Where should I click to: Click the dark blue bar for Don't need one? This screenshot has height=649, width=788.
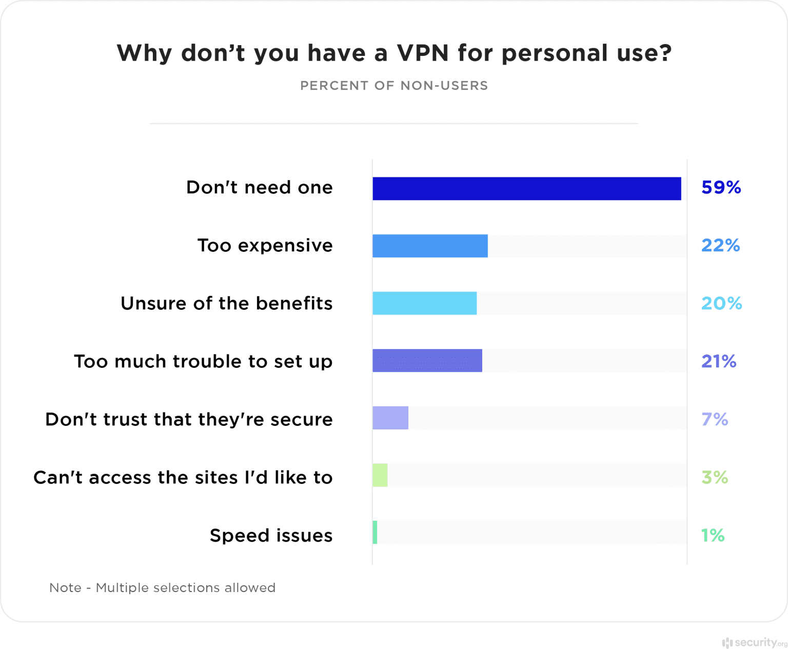[x=526, y=188]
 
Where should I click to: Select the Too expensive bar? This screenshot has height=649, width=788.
[x=430, y=246]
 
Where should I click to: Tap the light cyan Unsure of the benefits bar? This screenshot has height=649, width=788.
[x=424, y=303]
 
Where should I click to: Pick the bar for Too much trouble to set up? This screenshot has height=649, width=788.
[x=427, y=361]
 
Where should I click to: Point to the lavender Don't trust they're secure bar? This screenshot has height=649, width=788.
[x=390, y=418]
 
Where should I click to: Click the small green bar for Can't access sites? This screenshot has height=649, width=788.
[x=380, y=475]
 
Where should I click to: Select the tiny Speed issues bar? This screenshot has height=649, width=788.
[x=375, y=533]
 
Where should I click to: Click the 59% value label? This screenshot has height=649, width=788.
[x=721, y=188]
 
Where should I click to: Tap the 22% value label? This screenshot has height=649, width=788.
[x=720, y=246]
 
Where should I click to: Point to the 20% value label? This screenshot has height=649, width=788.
[x=721, y=304]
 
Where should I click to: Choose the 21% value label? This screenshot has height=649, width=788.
[x=719, y=362]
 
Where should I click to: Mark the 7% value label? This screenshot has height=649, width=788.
[x=715, y=420]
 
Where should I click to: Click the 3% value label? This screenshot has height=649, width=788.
[x=715, y=478]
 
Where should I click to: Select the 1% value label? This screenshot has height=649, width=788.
[x=713, y=536]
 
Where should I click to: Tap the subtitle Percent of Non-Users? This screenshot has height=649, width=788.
[x=394, y=86]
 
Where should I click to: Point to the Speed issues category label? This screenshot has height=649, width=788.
[x=271, y=536]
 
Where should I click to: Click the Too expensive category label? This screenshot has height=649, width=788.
[x=265, y=246]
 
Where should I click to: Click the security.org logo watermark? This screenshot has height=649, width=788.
[x=753, y=642]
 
